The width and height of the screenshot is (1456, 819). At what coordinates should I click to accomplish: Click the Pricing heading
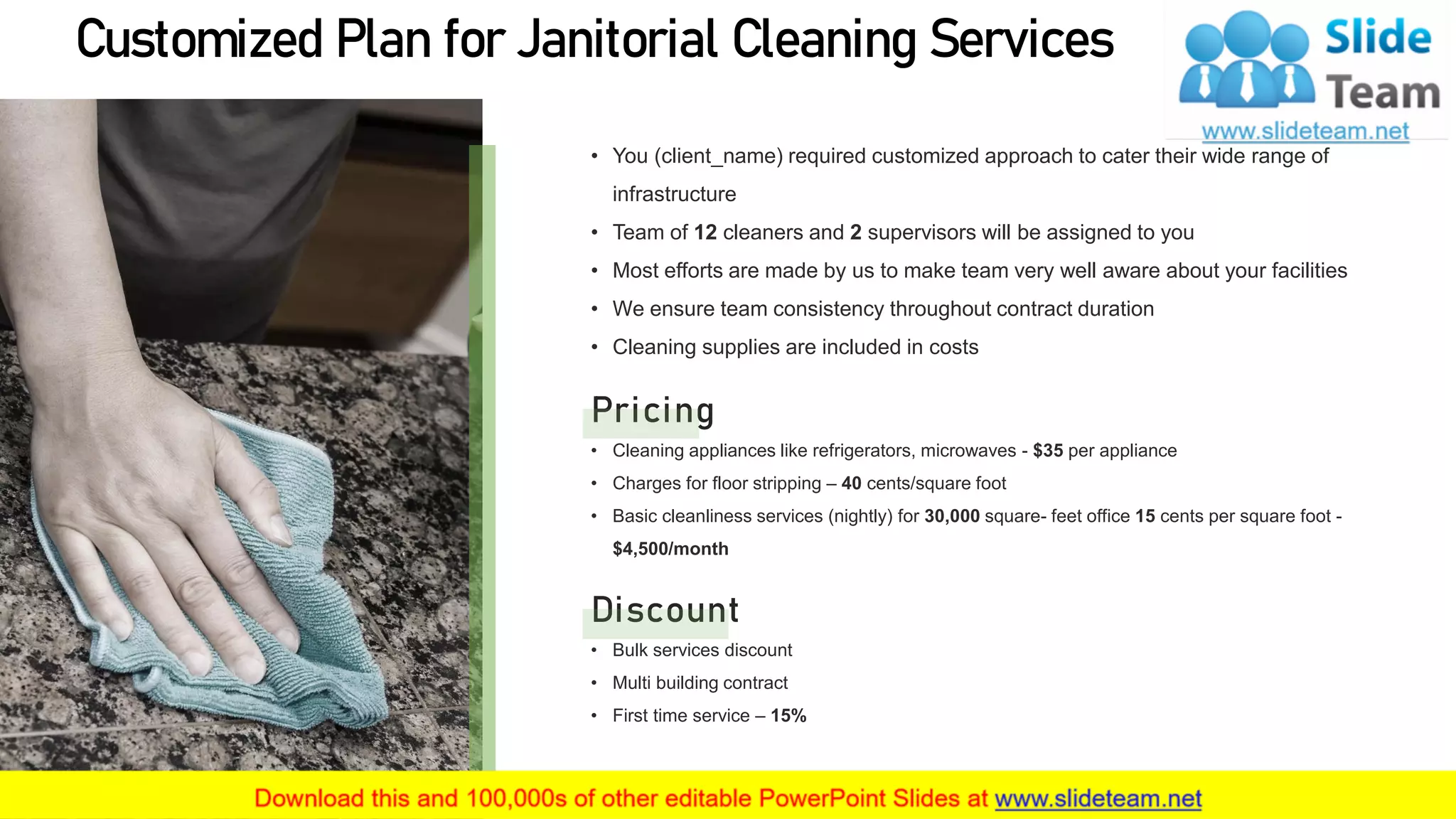653,411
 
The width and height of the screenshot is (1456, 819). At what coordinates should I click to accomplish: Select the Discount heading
665,611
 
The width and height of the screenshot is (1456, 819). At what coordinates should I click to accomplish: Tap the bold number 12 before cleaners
705,232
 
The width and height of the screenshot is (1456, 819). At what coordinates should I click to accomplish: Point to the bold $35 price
1048,451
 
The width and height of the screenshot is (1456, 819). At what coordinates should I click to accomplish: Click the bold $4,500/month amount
670,549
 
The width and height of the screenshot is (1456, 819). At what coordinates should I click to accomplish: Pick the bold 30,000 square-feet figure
952,516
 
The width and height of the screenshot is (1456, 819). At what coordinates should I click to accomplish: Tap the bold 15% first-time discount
788,716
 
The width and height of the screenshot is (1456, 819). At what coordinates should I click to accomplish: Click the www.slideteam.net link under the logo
1305,131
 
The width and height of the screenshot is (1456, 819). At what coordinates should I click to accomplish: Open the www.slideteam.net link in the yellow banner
1098,798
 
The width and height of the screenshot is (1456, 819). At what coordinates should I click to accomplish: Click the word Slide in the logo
1378,38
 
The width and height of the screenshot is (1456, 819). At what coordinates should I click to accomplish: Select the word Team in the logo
1383,93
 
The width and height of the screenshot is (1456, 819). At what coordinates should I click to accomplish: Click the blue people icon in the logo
1246,60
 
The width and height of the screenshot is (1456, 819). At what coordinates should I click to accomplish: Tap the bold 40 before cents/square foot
851,483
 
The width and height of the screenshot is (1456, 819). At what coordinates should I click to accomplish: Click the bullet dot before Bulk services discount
594,650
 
